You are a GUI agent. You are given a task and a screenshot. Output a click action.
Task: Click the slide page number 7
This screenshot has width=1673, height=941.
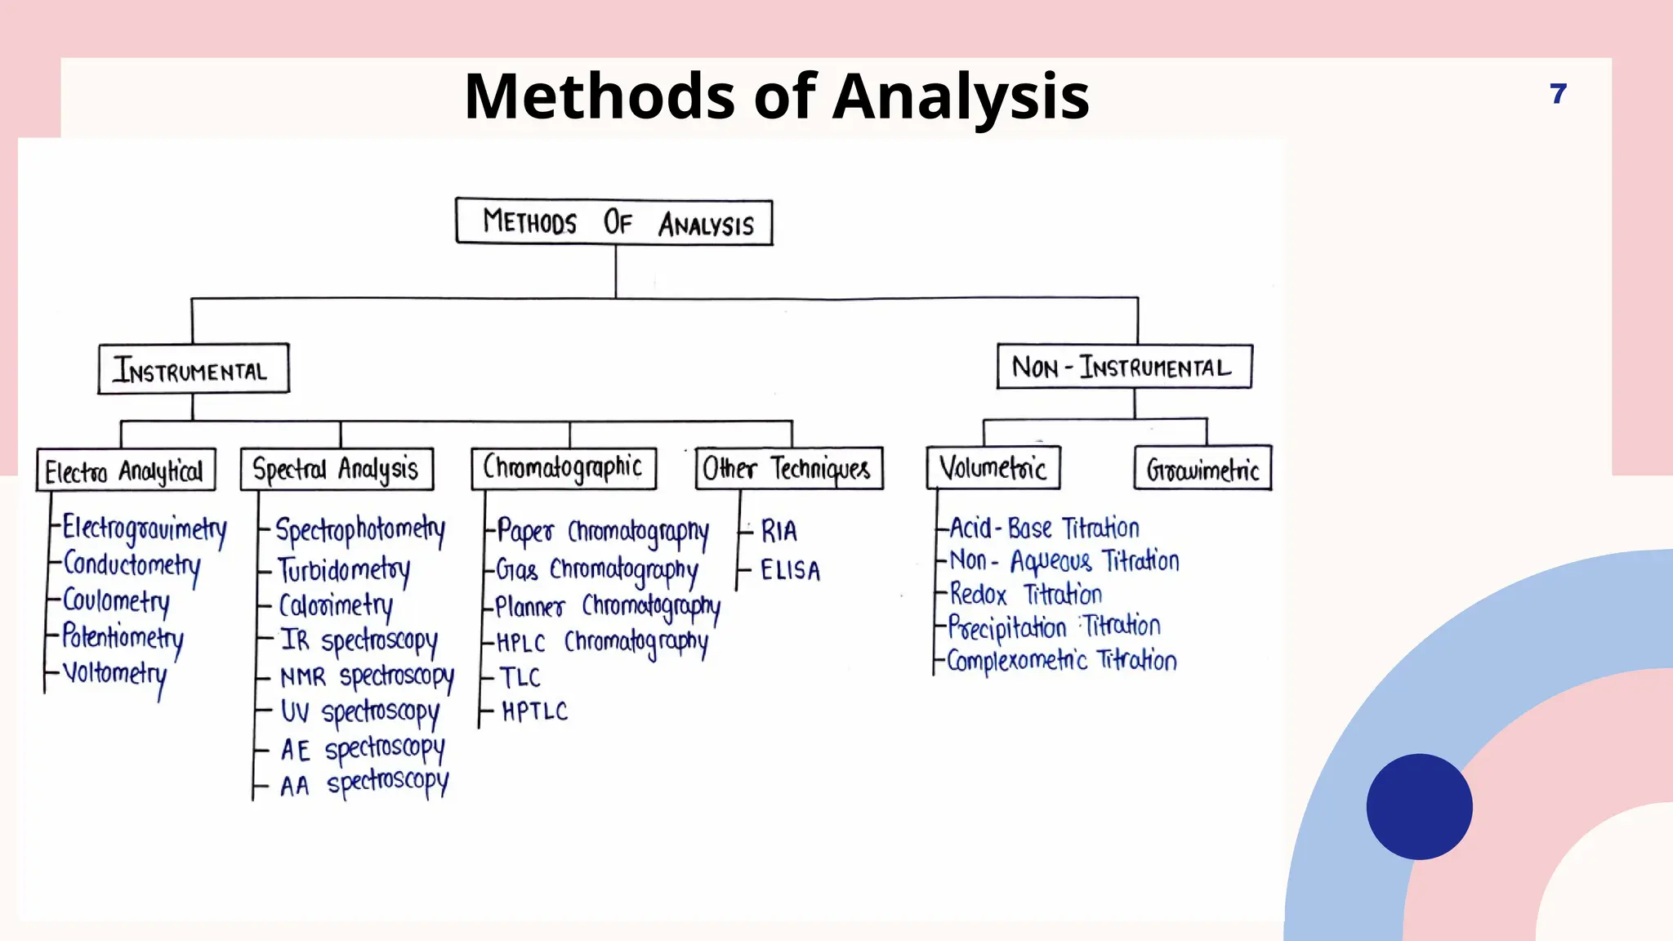1558,94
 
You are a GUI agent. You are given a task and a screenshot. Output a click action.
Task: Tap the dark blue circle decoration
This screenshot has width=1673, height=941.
1419,806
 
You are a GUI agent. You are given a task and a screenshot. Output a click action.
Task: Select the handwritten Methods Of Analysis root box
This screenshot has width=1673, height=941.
614,221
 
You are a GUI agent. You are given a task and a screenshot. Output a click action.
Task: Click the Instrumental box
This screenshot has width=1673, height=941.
194,369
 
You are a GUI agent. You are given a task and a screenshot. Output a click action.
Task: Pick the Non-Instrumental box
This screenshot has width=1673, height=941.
1124,367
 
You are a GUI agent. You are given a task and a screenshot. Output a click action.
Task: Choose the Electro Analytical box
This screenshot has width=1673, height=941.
126,470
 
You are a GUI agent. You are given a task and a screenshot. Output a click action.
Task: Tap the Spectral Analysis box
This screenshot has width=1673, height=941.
337,469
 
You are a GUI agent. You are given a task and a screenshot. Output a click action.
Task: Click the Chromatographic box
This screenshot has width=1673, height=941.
564,468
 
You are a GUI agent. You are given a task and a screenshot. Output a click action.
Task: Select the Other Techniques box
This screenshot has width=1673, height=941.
789,468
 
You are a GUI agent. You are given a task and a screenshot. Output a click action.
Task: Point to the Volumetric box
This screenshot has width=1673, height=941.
993,468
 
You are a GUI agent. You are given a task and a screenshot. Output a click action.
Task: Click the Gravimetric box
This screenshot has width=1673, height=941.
1202,468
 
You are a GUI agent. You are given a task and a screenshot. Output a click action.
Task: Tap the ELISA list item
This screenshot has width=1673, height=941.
790,570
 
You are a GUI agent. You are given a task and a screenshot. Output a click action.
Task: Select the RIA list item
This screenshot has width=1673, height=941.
779,532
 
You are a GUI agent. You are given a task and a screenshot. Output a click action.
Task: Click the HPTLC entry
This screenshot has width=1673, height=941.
534,711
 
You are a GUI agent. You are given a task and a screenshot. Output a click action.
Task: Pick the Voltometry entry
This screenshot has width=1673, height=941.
115,674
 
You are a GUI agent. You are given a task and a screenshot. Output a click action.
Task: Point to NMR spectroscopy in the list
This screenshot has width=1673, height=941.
367,677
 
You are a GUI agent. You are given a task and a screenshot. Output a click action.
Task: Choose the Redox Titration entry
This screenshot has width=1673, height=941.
1026,594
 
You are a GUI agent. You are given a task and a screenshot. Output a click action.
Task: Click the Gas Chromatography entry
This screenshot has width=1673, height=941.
597,569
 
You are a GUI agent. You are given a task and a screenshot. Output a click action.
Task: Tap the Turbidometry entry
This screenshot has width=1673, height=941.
344,569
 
